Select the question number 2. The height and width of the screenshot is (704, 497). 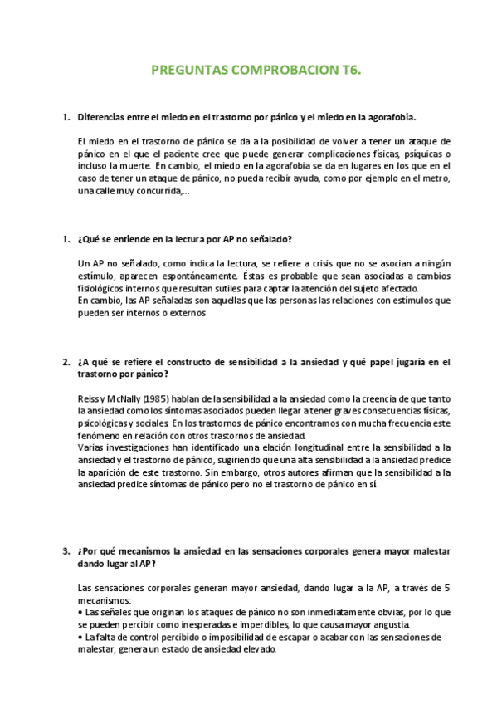click(66, 362)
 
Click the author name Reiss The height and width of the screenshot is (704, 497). click(90, 398)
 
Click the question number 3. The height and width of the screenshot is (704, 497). click(66, 550)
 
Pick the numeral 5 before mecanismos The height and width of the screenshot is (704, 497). click(447, 588)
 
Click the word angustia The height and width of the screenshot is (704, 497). click(386, 624)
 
